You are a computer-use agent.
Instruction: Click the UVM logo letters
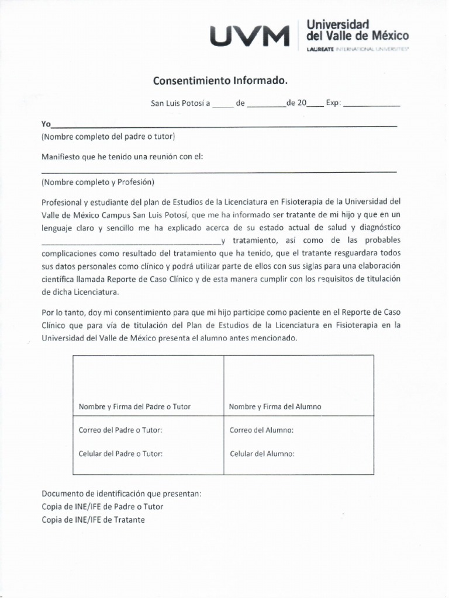tap(250, 36)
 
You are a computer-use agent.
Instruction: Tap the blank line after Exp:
tap(372, 106)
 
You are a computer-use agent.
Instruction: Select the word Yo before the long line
tap(46, 124)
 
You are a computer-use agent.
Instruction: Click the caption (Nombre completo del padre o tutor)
tap(108, 137)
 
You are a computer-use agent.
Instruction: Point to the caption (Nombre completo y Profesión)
tap(98, 182)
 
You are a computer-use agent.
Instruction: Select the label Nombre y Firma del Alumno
tap(275, 406)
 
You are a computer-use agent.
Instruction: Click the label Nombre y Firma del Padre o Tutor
tap(134, 406)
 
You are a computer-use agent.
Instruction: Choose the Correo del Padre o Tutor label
tap(120, 430)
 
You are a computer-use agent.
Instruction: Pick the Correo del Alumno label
tap(261, 430)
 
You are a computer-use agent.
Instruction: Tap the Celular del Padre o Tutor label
tap(120, 453)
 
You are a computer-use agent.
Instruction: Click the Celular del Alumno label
tap(262, 454)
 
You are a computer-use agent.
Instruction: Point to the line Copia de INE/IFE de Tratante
tap(93, 519)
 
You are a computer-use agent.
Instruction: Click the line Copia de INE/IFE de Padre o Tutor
tap(102, 506)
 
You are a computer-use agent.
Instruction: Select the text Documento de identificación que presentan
tap(121, 493)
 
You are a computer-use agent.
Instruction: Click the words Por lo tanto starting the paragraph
tap(61, 313)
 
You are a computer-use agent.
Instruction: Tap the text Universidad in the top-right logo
tap(338, 25)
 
